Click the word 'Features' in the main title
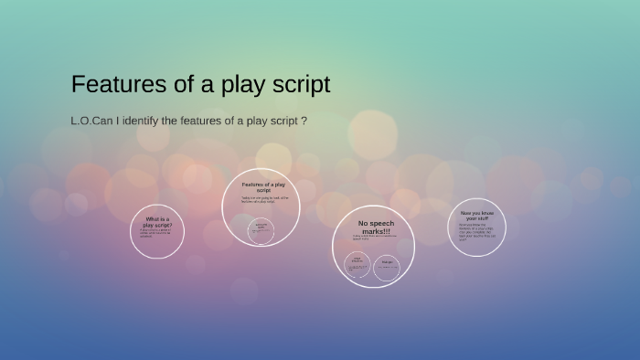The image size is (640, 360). click(113, 85)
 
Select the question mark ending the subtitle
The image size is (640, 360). click(304, 121)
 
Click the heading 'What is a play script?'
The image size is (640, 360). click(157, 221)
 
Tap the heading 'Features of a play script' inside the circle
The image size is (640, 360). click(263, 186)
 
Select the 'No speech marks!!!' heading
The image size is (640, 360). click(374, 227)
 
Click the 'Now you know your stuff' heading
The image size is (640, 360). click(477, 216)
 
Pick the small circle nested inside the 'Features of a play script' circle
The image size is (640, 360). click(261, 230)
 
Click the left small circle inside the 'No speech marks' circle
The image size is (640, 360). click(357, 266)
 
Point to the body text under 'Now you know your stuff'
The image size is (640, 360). click(477, 234)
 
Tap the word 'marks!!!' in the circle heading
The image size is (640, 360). click(374, 231)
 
